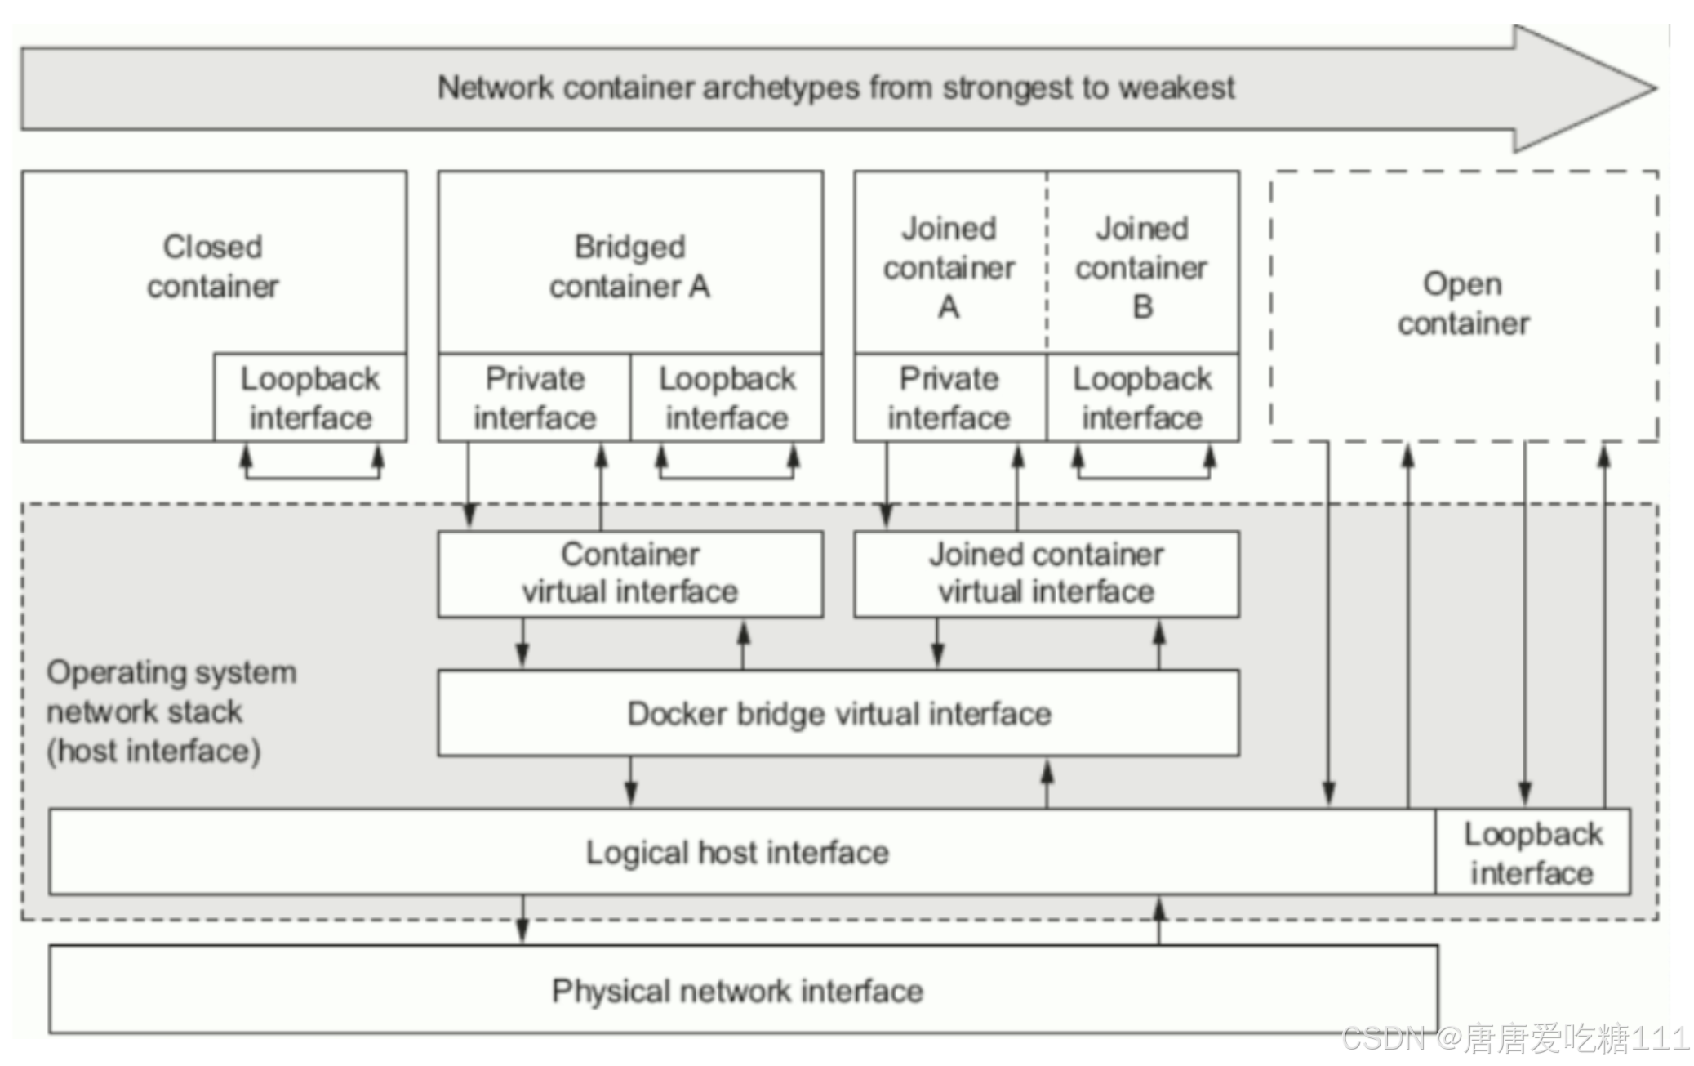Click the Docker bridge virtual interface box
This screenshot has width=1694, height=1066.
838,713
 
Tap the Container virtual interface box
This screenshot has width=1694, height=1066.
629,573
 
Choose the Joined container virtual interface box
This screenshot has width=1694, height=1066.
1046,573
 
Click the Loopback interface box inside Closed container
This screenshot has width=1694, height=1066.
310,398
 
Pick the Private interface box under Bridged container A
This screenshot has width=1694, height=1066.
534,398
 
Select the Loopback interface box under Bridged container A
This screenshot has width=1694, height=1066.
727,398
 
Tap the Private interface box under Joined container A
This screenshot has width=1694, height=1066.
949,398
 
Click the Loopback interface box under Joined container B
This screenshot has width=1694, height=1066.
1142,398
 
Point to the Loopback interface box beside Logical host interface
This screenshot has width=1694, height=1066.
1532,852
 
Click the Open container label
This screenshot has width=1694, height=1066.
1463,303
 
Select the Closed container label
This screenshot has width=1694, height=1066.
213,266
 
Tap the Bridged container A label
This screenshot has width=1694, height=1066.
629,266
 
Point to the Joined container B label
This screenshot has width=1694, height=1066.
1141,267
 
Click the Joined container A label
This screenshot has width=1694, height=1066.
949,267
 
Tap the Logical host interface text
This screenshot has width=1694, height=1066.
737,852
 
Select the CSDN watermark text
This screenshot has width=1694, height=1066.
1514,1038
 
